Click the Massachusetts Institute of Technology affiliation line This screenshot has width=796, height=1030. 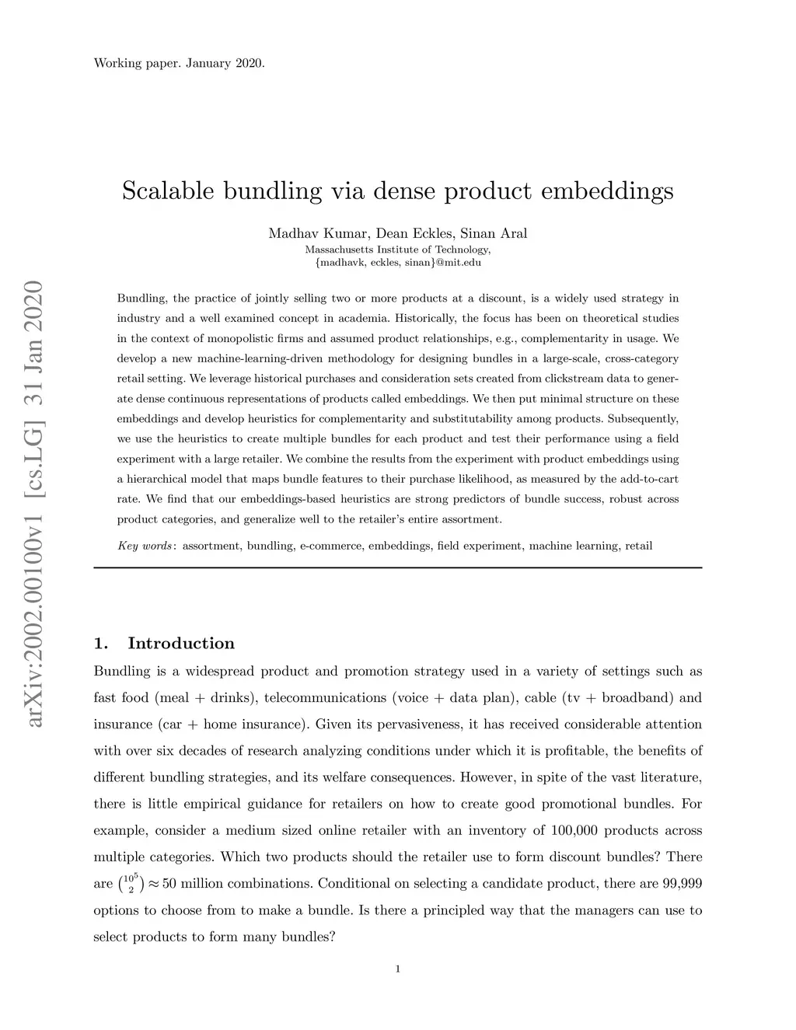click(397, 250)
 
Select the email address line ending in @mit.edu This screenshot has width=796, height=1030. click(397, 263)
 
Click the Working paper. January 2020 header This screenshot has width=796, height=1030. click(179, 63)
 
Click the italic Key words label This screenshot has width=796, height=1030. click(145, 546)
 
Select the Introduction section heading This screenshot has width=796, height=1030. click(180, 644)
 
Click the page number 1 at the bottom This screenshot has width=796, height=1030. click(398, 969)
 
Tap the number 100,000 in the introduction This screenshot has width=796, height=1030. click(574, 830)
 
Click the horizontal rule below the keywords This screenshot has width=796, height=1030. click(397, 568)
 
